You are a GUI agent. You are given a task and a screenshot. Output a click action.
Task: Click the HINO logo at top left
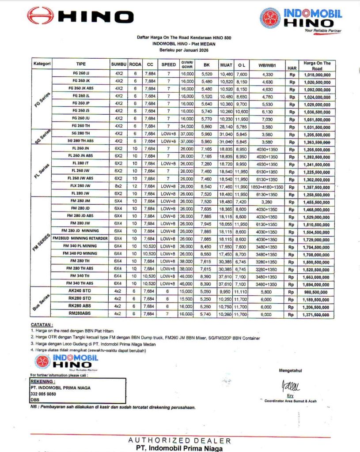click(x=80, y=16)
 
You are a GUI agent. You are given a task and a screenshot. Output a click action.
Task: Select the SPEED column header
click(x=168, y=64)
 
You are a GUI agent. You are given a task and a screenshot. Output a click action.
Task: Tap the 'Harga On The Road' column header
click(x=317, y=65)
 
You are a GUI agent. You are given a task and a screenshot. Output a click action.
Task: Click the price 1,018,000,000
click(x=317, y=74)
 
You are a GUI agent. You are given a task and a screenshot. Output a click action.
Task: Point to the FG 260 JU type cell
click(x=81, y=119)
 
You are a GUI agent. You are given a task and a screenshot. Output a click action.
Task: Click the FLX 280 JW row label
click(x=81, y=187)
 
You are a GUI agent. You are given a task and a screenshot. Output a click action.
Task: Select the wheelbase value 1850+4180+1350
click(x=266, y=187)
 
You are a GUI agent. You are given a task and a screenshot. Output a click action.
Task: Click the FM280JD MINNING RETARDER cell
click(x=81, y=238)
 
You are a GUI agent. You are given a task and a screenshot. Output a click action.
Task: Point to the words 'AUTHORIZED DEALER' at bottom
click(x=179, y=441)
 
